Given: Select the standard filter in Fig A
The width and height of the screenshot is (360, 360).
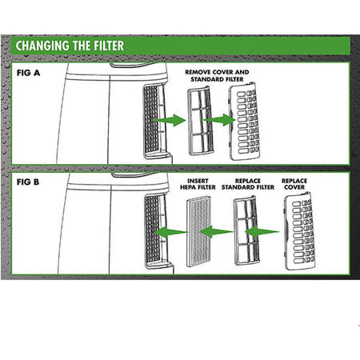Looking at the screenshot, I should (199, 121).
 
